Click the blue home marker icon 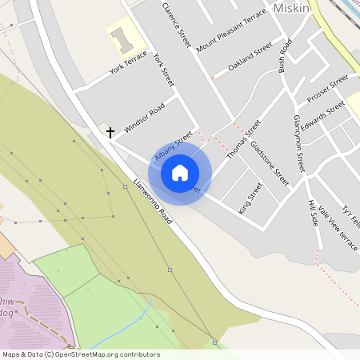(180, 172)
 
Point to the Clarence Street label (178, 25)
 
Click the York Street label (163, 70)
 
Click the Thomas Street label (244, 138)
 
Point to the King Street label (250, 197)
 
